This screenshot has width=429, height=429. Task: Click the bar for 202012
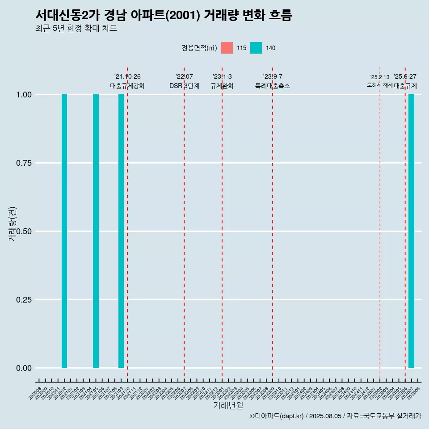pyautogui.click(x=64, y=231)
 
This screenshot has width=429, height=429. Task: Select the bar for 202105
pyautogui.click(x=96, y=231)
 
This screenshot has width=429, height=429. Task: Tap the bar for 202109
pyautogui.click(x=121, y=231)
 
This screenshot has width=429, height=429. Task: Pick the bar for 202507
pyautogui.click(x=411, y=231)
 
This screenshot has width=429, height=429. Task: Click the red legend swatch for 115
pyautogui.click(x=227, y=48)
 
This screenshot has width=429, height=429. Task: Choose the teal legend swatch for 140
pyautogui.click(x=256, y=48)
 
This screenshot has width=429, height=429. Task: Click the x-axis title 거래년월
pyautogui.click(x=228, y=406)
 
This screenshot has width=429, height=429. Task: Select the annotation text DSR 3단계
pyautogui.click(x=184, y=86)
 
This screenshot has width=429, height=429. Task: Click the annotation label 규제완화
pyautogui.click(x=222, y=86)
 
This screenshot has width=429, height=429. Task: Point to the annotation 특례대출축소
pyautogui.click(x=273, y=86)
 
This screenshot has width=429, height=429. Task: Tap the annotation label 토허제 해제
pyautogui.click(x=379, y=84)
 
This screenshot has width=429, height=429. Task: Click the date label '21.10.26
pyautogui.click(x=127, y=77)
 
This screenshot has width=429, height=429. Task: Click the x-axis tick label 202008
pyautogui.click(x=35, y=394)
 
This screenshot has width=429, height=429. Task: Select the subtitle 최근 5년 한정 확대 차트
pyautogui.click(x=76, y=29)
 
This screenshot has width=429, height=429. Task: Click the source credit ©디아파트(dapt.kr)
pyautogui.click(x=277, y=416)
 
